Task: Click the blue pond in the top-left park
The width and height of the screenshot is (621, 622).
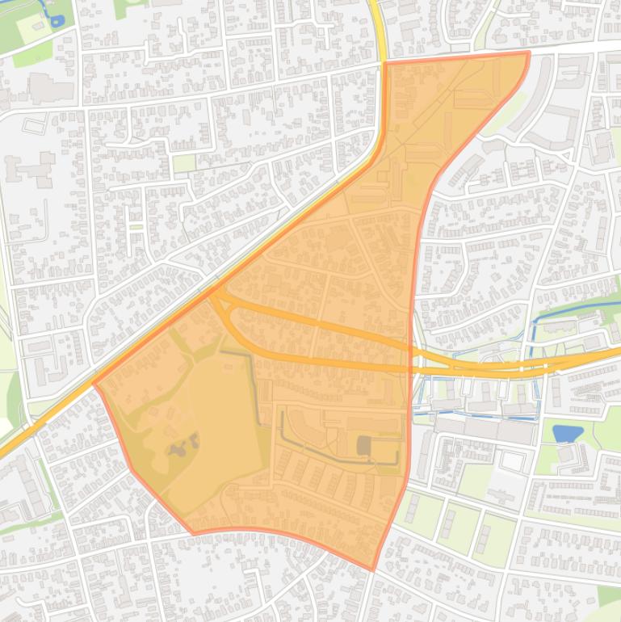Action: point(57,21)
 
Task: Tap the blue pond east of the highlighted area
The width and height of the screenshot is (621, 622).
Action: point(568,433)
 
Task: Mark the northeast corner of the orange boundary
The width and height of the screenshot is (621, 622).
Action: point(528,53)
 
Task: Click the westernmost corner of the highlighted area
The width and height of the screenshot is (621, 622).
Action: point(94,385)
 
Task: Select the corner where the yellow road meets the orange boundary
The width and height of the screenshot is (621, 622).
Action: point(384,62)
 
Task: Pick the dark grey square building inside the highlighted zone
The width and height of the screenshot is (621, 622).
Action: point(365,445)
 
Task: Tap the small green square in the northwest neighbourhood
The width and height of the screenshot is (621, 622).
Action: point(183,163)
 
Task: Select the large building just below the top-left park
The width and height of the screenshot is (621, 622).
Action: point(51,87)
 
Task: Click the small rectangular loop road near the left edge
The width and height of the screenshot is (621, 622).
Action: point(35,124)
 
